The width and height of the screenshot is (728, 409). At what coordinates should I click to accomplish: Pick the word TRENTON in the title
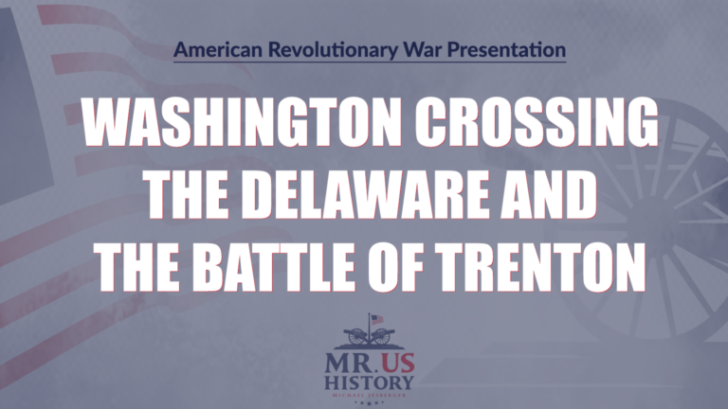click(x=552, y=267)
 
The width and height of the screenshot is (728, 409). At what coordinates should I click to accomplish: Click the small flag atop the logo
click(x=376, y=320)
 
